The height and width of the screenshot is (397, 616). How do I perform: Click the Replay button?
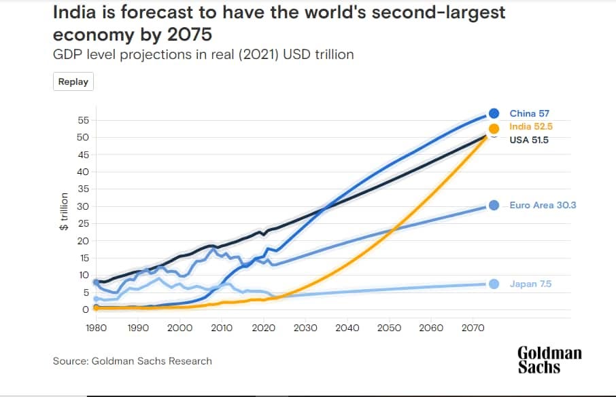coord(73,81)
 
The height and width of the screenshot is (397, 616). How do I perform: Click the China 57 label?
coord(529,113)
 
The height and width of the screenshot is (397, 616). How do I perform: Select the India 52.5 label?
coord(532,127)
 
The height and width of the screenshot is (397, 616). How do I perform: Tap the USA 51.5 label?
coord(528,140)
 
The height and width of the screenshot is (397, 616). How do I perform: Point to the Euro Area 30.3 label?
coord(543,205)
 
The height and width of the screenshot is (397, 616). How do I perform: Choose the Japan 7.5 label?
coord(529,284)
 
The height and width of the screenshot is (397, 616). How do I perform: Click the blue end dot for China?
coord(494,113)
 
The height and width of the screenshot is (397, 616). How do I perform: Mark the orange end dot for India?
coord(494,128)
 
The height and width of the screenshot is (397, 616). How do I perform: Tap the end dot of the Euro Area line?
coord(494,206)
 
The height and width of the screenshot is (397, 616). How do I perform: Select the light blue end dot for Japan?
coord(494,284)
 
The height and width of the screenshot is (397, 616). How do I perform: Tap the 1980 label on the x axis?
coord(96,328)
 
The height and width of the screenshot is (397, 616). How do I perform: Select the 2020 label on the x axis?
coord(263,328)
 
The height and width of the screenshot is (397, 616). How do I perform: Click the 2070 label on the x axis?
coord(473,328)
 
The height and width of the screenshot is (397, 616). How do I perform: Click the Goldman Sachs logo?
coord(549,360)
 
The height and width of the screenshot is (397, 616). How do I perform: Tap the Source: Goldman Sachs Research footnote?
coord(133,361)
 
